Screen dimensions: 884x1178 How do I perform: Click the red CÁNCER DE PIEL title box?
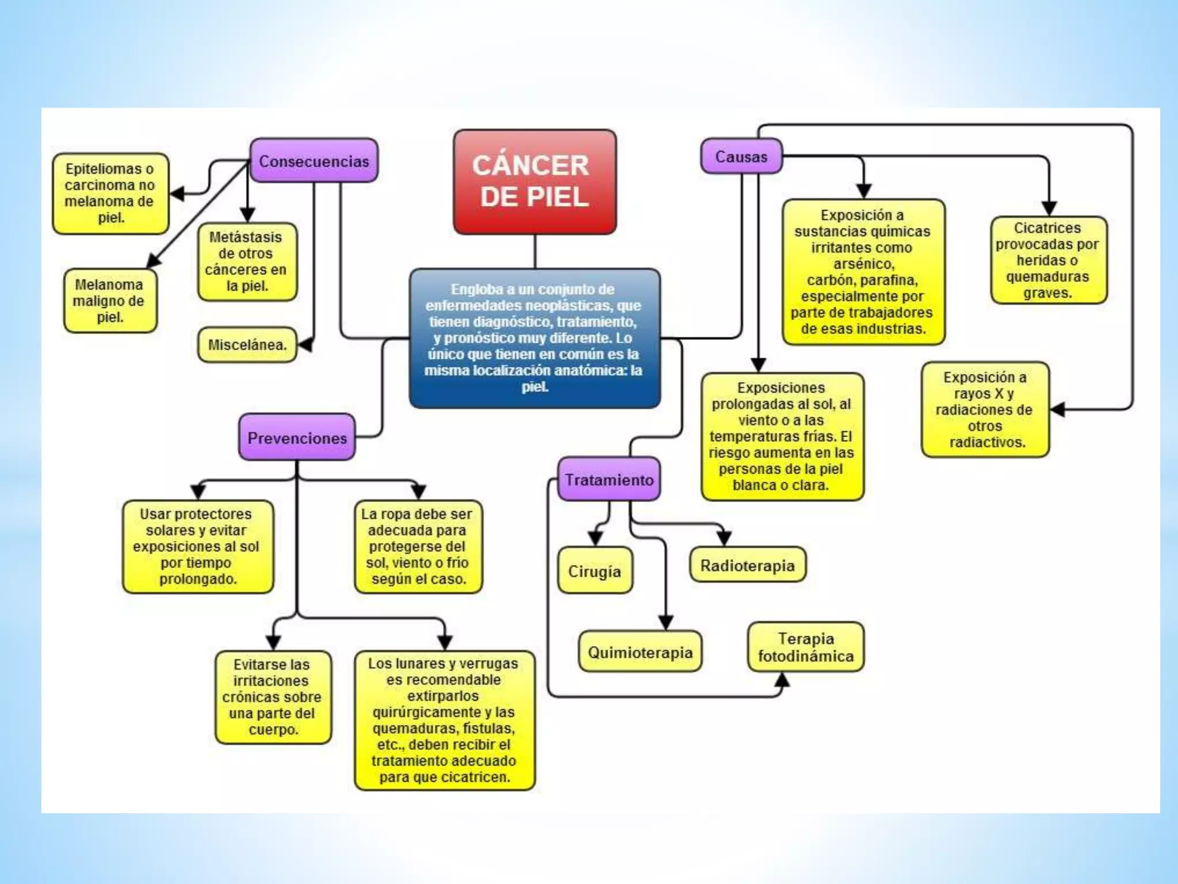[x=534, y=181]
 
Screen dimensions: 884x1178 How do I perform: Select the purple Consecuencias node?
[x=314, y=161]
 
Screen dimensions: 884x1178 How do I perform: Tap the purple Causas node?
[x=741, y=157]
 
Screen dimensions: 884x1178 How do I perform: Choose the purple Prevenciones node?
[x=297, y=437]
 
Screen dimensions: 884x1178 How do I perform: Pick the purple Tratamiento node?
[x=609, y=479]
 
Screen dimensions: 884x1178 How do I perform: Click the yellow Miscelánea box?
[x=247, y=345]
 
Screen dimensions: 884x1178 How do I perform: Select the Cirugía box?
[x=595, y=571]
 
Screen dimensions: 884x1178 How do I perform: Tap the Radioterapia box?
[x=747, y=565]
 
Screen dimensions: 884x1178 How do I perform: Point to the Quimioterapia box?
[x=640, y=652]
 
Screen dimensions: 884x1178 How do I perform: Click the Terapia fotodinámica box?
[x=805, y=647]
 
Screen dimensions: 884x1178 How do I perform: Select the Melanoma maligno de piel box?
[x=110, y=300]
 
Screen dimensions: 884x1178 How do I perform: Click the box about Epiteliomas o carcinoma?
[x=110, y=193]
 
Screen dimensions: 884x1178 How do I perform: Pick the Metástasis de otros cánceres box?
[x=247, y=262]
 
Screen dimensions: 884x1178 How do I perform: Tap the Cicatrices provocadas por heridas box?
[x=1047, y=260]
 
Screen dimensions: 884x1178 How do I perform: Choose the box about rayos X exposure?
[x=984, y=410]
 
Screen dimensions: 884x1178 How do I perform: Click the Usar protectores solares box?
[x=197, y=546]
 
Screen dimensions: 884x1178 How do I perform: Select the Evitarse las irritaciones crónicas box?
[x=273, y=697]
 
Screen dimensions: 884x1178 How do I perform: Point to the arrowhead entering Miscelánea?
[x=305, y=344]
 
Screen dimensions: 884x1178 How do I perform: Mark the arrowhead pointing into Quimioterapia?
[x=666, y=623]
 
